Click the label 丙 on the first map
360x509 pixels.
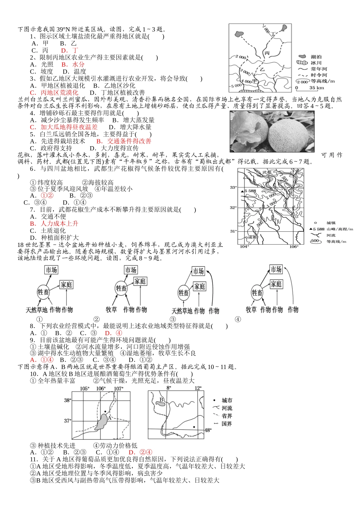click(x=267, y=53)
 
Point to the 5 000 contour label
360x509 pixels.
click(x=236, y=86)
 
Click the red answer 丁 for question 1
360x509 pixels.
click(x=75, y=50)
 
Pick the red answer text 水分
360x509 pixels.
click(x=78, y=64)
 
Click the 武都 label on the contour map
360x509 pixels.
click(x=267, y=172)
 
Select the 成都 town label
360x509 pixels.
click(x=252, y=237)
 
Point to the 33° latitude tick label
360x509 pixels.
click(x=233, y=187)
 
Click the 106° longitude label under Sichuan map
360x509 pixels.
click(x=294, y=247)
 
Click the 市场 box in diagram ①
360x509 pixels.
click(x=51, y=270)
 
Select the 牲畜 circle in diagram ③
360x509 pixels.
click(x=184, y=293)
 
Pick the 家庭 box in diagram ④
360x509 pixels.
click(x=276, y=284)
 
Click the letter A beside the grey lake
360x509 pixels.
click(x=110, y=417)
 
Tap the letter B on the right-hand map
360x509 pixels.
click(x=161, y=400)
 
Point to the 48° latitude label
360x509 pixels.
click(x=208, y=430)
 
